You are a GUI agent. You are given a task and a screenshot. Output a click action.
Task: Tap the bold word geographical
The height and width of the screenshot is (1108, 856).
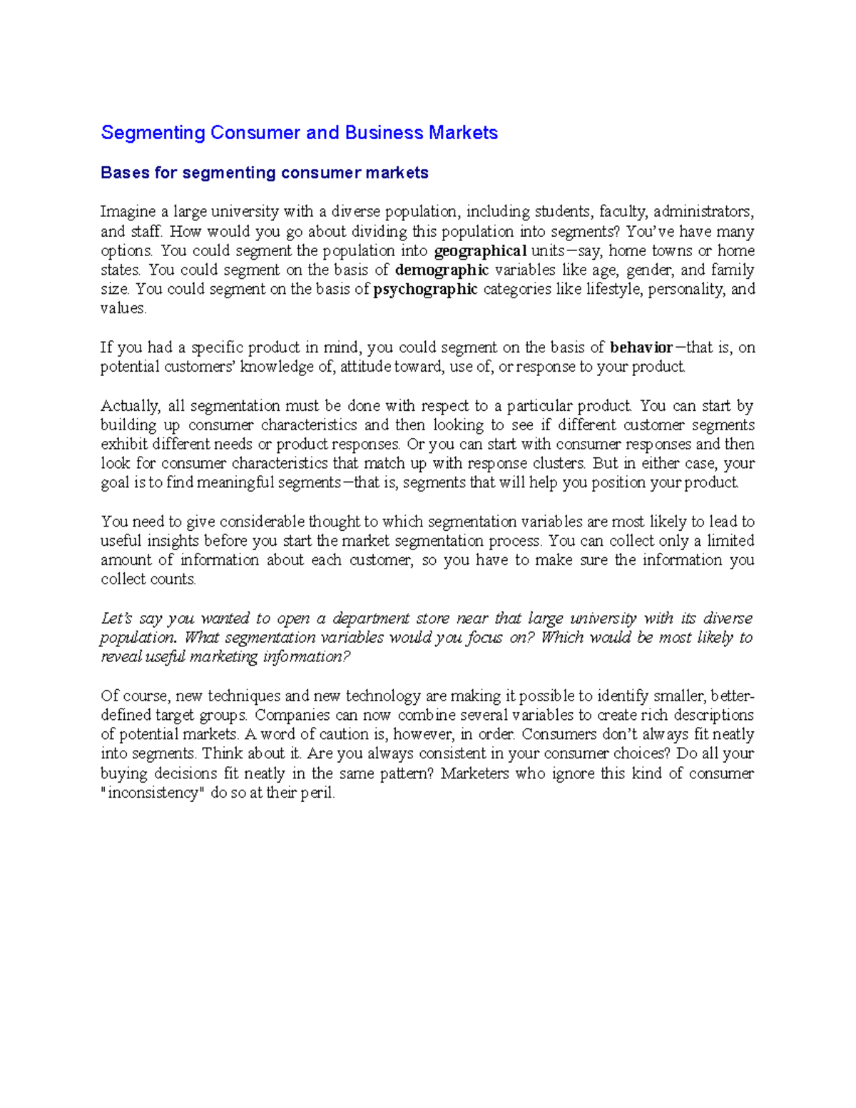click(480, 251)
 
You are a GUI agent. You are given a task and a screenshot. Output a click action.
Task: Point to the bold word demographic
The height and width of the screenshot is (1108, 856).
click(442, 270)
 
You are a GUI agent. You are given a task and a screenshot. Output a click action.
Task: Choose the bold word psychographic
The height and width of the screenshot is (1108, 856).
click(425, 289)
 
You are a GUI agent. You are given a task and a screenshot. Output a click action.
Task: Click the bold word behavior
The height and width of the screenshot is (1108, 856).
click(641, 347)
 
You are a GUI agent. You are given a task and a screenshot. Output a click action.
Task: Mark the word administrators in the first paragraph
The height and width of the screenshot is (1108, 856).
click(702, 212)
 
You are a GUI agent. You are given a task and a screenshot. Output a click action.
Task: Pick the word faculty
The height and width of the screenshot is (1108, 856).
click(622, 212)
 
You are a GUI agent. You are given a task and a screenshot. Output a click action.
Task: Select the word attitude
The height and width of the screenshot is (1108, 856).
click(365, 367)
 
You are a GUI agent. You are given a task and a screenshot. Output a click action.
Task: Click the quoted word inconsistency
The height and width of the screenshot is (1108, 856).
click(155, 793)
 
